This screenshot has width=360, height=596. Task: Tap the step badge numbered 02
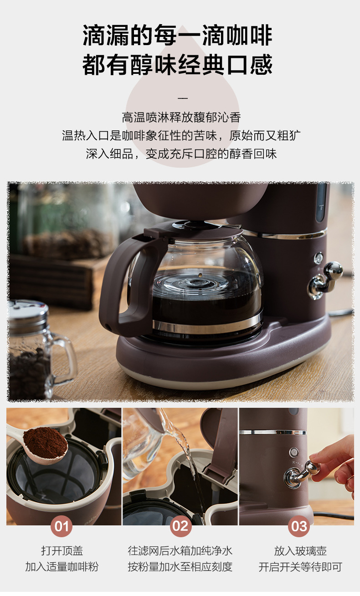click(x=180, y=527)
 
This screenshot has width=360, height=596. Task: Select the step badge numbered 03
click(x=299, y=527)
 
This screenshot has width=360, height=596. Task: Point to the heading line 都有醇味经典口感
click(x=178, y=64)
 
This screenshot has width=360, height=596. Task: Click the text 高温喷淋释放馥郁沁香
click(x=181, y=117)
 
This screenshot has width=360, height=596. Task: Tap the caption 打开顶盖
click(x=62, y=550)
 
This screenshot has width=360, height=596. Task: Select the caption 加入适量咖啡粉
click(x=62, y=567)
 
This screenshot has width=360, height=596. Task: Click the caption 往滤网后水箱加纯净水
click(x=180, y=550)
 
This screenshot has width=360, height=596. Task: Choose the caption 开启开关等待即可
click(x=300, y=567)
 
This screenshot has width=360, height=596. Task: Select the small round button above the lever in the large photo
click(x=319, y=258)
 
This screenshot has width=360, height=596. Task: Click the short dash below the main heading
click(x=182, y=98)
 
